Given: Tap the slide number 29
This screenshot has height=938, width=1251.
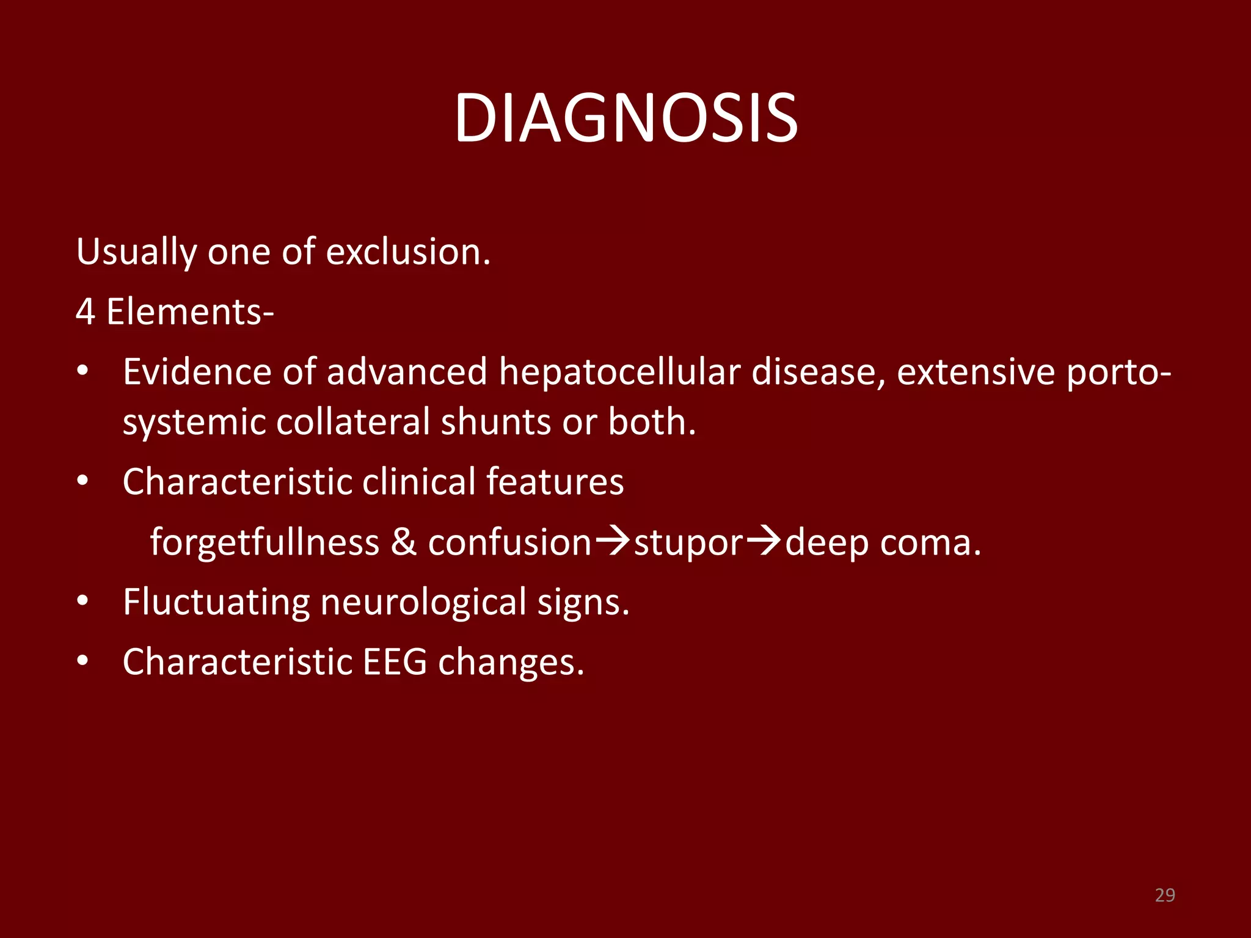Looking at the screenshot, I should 1165,895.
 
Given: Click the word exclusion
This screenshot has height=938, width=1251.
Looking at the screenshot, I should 407,252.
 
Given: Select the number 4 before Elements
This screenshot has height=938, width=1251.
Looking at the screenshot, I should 86,311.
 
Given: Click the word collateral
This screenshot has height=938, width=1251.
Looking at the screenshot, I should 353,421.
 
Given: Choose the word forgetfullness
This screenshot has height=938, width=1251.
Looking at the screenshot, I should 264,542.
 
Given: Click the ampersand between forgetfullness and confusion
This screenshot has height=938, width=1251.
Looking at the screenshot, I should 403,542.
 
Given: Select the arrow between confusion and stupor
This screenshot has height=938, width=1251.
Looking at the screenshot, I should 612,541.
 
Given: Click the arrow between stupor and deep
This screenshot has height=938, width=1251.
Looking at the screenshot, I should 764,541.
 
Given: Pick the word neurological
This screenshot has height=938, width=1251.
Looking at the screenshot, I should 423,602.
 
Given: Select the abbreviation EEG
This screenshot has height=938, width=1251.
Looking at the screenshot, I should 395,662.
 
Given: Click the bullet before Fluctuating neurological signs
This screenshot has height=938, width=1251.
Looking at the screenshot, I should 83,602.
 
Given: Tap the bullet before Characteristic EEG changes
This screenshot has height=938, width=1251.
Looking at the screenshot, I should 83,661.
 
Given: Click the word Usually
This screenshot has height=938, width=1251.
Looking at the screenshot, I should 136,252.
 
